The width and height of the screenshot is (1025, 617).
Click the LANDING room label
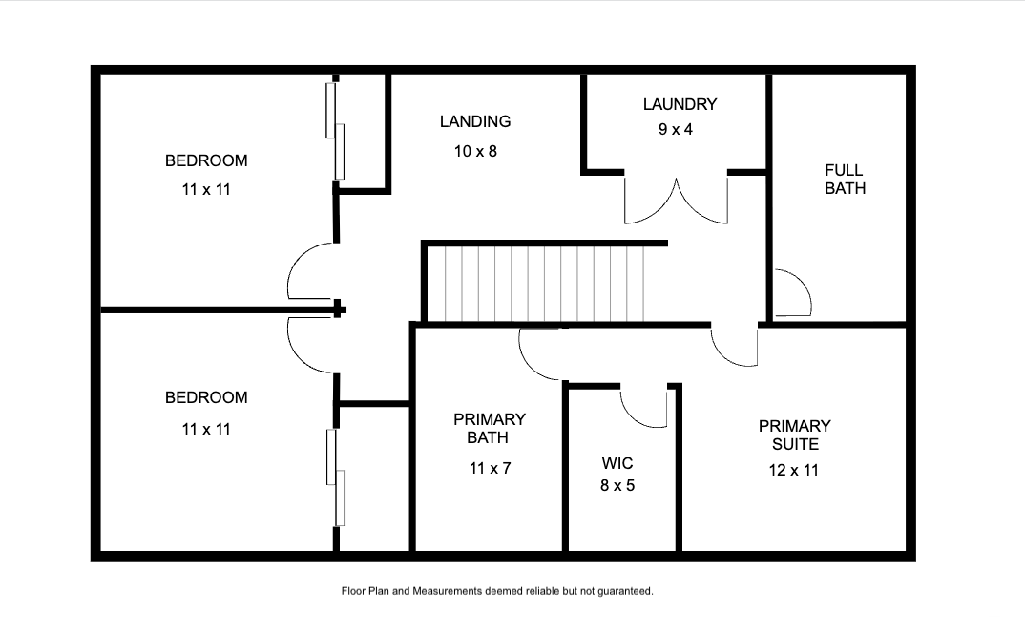pyautogui.click(x=475, y=121)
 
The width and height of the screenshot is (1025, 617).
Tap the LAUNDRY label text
pyautogui.click(x=680, y=105)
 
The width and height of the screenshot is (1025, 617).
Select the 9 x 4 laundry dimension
pyautogui.click(x=676, y=130)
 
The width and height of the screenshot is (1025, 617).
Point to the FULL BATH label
pyautogui.click(x=845, y=180)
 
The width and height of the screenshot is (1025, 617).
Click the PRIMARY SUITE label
pyautogui.click(x=795, y=436)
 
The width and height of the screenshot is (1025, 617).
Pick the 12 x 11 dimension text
pyautogui.click(x=794, y=471)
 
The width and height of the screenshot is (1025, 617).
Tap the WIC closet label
pyautogui.click(x=617, y=464)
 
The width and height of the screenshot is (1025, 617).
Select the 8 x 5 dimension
pyautogui.click(x=617, y=485)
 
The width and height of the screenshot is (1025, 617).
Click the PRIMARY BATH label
pyautogui.click(x=489, y=429)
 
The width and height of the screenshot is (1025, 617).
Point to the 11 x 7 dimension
pyautogui.click(x=490, y=468)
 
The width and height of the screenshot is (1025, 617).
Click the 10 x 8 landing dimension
pyautogui.click(x=475, y=152)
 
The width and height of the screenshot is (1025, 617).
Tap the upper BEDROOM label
pyautogui.click(x=206, y=161)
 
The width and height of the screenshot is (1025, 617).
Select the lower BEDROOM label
pyautogui.click(x=206, y=398)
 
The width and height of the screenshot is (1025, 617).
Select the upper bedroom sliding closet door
pyautogui.click(x=335, y=131)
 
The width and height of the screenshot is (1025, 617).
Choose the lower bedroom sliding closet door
pyautogui.click(x=335, y=478)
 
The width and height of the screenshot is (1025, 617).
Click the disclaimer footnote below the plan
pyautogui.click(x=497, y=591)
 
